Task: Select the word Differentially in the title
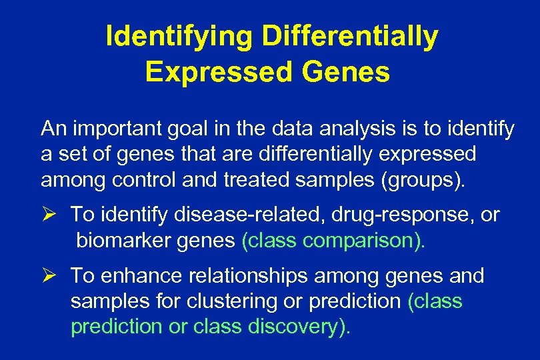pyautogui.click(x=350, y=38)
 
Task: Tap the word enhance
pyautogui.click(x=141, y=275)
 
